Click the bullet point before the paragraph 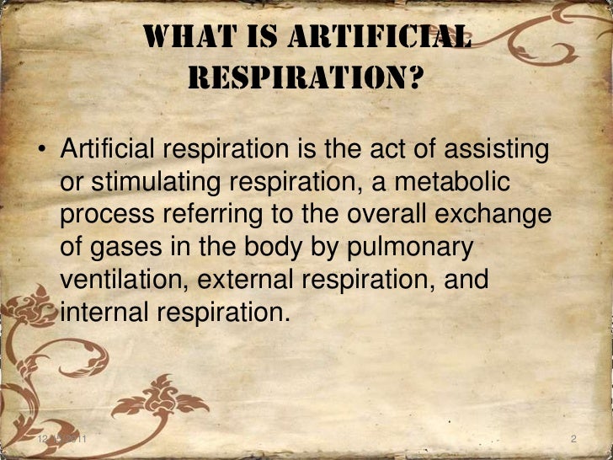click(x=40, y=152)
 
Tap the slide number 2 click(x=573, y=440)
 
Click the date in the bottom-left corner click(x=62, y=440)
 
